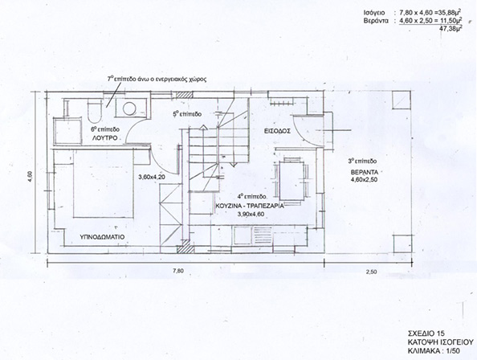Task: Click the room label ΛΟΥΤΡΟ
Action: point(105,137)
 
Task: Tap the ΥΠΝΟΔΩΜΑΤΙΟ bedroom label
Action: point(102,237)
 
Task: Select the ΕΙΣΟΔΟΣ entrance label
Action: point(277,131)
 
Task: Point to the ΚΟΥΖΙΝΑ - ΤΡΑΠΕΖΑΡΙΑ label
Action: point(250,206)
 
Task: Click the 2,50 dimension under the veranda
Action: point(372,272)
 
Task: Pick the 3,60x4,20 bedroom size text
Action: point(152,177)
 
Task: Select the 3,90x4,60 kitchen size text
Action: point(251,214)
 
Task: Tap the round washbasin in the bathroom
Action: point(129,108)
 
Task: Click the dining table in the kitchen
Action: point(292,181)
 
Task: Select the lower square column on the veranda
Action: point(402,243)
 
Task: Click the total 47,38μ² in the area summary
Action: point(452,29)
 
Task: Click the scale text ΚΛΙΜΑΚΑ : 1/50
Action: point(434,350)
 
